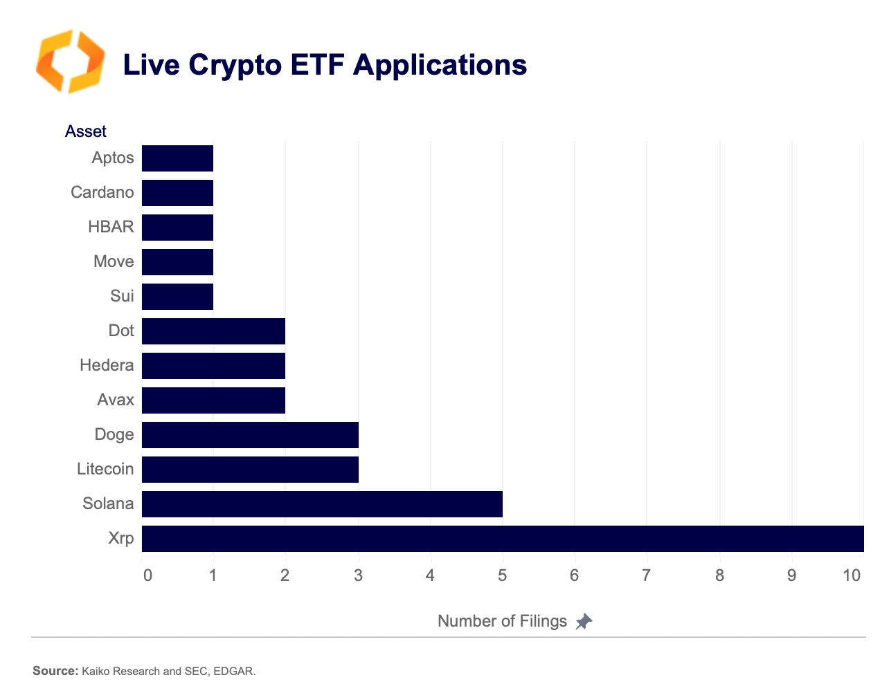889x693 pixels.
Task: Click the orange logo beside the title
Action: pos(70,62)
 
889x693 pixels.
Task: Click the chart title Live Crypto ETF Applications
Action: pos(325,65)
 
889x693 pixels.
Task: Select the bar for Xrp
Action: pos(503,539)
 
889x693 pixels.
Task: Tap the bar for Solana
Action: pos(322,504)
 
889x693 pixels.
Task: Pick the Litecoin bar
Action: pos(250,470)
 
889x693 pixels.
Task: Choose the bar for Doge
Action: pos(250,435)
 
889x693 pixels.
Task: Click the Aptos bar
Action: pos(177,158)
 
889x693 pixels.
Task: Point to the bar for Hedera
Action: pos(213,366)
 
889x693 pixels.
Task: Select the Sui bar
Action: pos(177,297)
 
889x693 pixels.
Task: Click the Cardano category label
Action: pos(102,192)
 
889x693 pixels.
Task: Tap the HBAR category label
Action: pos(111,227)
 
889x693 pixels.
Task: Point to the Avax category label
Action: pos(116,400)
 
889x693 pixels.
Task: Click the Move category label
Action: pos(114,261)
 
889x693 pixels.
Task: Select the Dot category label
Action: pos(121,331)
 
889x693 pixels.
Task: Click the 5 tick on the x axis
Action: pos(503,575)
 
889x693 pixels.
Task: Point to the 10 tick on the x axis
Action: pos(852,575)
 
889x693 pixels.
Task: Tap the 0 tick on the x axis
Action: pos(147,575)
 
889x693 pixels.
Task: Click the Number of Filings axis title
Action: pos(502,621)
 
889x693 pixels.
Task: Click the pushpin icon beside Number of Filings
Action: pos(584,621)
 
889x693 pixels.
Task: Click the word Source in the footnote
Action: pos(55,671)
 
